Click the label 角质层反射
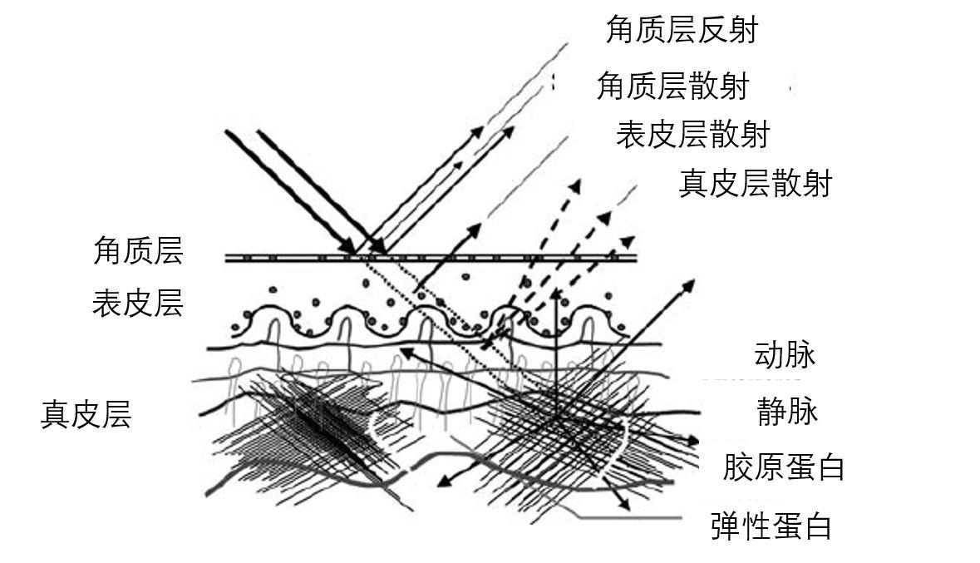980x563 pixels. tap(682, 31)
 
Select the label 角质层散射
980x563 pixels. tap(672, 86)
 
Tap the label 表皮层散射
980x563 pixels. tap(692, 134)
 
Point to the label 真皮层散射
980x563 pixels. tap(755, 183)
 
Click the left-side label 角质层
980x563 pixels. tap(138, 250)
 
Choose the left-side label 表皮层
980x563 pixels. tap(138, 304)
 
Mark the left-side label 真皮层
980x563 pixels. tap(86, 414)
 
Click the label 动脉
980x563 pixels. tap(784, 355)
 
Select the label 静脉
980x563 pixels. tap(787, 412)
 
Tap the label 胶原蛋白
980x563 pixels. tap(784, 467)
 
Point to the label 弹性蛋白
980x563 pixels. tap(771, 526)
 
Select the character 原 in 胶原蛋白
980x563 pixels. tap(769, 467)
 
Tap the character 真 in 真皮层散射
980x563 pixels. tap(695, 183)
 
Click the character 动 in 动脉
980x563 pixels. tap(769, 355)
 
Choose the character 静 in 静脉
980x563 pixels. tap(772, 412)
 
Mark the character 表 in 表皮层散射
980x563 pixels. tap(632, 134)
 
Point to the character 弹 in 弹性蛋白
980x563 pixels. tap(726, 526)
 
